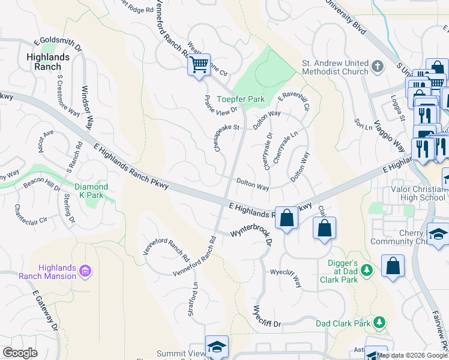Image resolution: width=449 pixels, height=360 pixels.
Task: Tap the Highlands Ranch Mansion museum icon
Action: pos(85,272)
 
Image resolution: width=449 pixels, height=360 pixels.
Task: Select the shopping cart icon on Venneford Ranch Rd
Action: pos(198,64)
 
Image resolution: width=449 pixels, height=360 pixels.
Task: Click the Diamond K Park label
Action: pos(91,191)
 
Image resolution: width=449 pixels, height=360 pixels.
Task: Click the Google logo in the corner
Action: pos(20,353)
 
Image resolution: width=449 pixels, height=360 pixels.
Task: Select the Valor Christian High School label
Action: pos(414,193)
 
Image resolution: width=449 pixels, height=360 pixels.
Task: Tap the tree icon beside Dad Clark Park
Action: pos(379,323)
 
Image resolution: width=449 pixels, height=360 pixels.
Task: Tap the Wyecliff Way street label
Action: pos(286,277)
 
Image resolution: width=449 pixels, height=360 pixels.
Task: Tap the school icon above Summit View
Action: pos(217,347)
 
